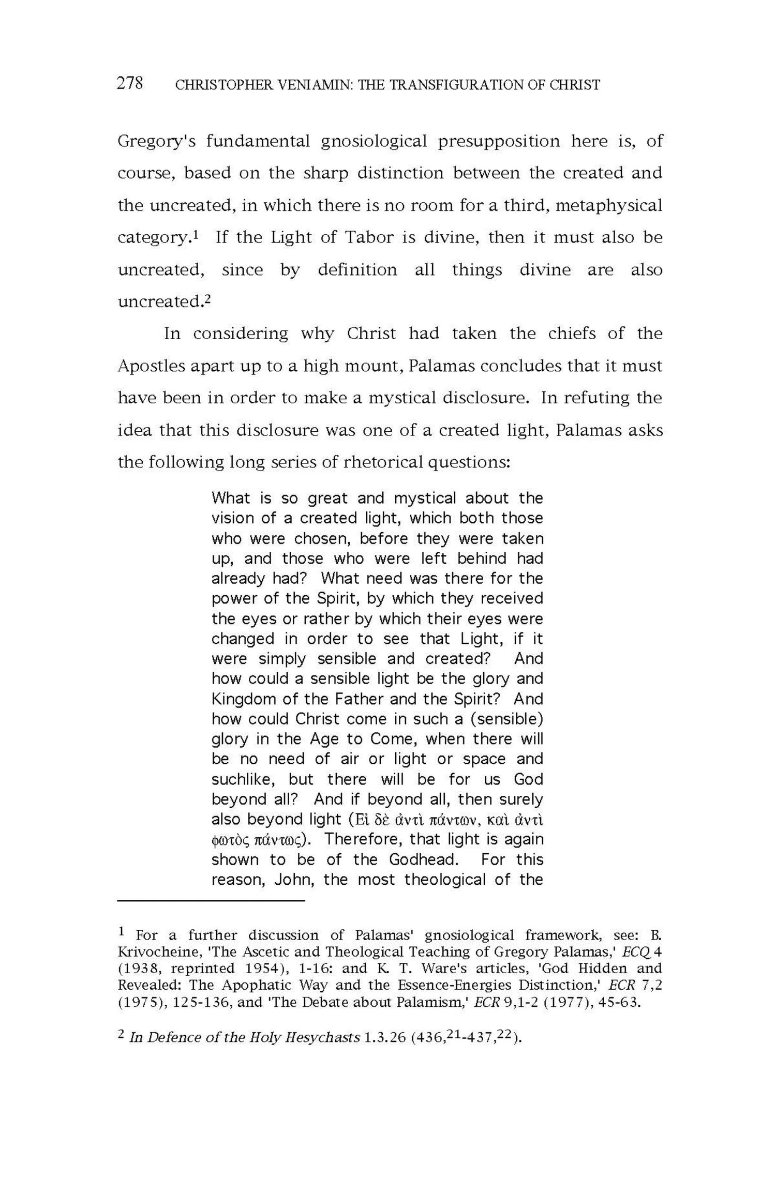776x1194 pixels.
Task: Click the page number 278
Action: pos(130,83)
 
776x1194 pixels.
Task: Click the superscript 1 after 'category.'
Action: pos(196,235)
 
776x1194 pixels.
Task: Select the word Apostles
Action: pos(151,366)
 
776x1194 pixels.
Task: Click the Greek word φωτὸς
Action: pos(231,840)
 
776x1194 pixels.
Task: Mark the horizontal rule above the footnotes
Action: pos(211,901)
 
